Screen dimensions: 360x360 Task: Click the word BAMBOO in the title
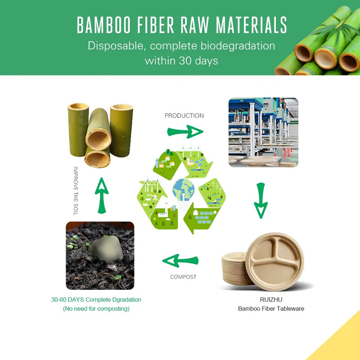104,25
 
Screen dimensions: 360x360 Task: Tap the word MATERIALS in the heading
252,25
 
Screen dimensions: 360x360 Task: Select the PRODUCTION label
184,116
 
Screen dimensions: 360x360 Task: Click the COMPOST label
183,277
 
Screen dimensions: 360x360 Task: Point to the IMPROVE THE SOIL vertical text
76,191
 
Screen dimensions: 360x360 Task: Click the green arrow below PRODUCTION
185,132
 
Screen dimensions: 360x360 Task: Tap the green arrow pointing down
261,201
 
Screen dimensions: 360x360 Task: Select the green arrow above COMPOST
180,261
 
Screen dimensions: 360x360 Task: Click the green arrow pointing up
102,196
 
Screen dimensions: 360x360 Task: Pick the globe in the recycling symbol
184,189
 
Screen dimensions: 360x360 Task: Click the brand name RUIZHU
271,300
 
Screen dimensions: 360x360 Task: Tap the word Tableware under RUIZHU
291,309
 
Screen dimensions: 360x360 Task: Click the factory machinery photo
263,132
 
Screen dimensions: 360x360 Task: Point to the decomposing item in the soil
106,249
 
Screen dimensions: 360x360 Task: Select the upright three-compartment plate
274,262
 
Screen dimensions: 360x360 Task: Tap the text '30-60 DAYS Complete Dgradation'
96,300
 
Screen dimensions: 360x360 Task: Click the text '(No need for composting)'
96,309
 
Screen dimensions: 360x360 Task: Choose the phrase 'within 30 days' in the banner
181,61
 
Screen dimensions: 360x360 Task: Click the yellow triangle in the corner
342,342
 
